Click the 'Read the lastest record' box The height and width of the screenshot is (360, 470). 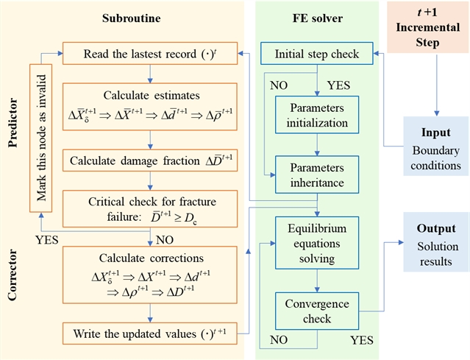150,54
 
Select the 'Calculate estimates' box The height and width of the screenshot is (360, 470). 150,107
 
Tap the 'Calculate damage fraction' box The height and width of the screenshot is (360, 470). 150,160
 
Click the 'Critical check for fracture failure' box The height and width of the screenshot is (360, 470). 150,209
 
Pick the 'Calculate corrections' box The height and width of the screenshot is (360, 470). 150,275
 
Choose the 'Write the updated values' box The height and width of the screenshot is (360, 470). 150,333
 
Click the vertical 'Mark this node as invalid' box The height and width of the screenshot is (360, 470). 40,138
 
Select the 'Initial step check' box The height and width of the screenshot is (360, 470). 317,54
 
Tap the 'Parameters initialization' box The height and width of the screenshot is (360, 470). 317,115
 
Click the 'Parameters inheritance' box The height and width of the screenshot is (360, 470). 317,174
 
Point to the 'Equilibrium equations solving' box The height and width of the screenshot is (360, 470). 317,243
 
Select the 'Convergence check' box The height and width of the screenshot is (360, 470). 317,311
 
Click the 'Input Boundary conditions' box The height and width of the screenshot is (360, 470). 436,146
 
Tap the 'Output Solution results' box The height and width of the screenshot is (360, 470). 436,242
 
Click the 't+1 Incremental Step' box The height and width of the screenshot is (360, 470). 428,27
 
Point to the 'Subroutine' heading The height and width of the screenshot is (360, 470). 131,18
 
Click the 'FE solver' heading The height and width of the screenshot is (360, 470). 318,18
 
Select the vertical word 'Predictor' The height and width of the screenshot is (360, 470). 13,122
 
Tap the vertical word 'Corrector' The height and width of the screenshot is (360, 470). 13,275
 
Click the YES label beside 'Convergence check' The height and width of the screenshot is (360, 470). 362,340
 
